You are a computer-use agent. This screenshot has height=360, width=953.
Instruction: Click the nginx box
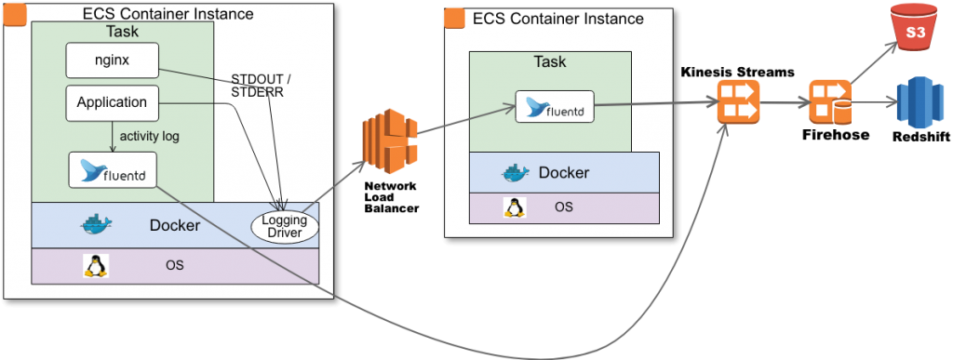(x=112, y=60)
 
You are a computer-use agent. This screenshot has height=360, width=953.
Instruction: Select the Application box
(x=112, y=102)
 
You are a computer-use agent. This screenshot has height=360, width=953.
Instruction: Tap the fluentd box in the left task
(x=112, y=170)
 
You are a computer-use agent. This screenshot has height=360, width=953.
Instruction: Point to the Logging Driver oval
(x=285, y=225)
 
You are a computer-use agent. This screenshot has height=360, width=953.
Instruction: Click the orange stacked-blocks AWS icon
(x=384, y=141)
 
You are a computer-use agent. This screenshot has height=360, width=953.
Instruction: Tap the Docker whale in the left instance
(x=95, y=224)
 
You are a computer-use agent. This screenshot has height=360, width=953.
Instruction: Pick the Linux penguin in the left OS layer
(x=94, y=266)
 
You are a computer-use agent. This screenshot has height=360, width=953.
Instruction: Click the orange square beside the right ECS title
(x=455, y=19)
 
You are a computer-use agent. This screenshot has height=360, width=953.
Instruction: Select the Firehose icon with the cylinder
(x=829, y=103)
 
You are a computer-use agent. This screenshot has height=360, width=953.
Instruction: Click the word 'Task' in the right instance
(x=549, y=62)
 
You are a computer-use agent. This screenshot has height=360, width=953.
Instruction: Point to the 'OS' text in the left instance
(x=174, y=265)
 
